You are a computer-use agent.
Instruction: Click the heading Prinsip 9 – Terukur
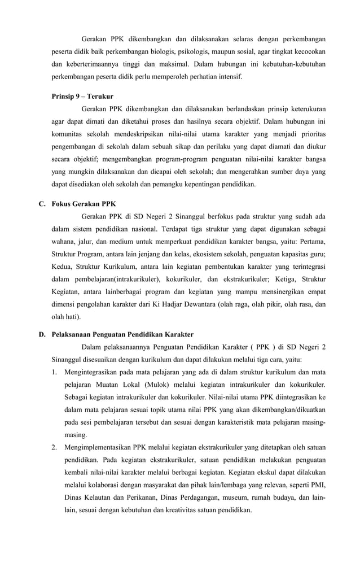[82, 97]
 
